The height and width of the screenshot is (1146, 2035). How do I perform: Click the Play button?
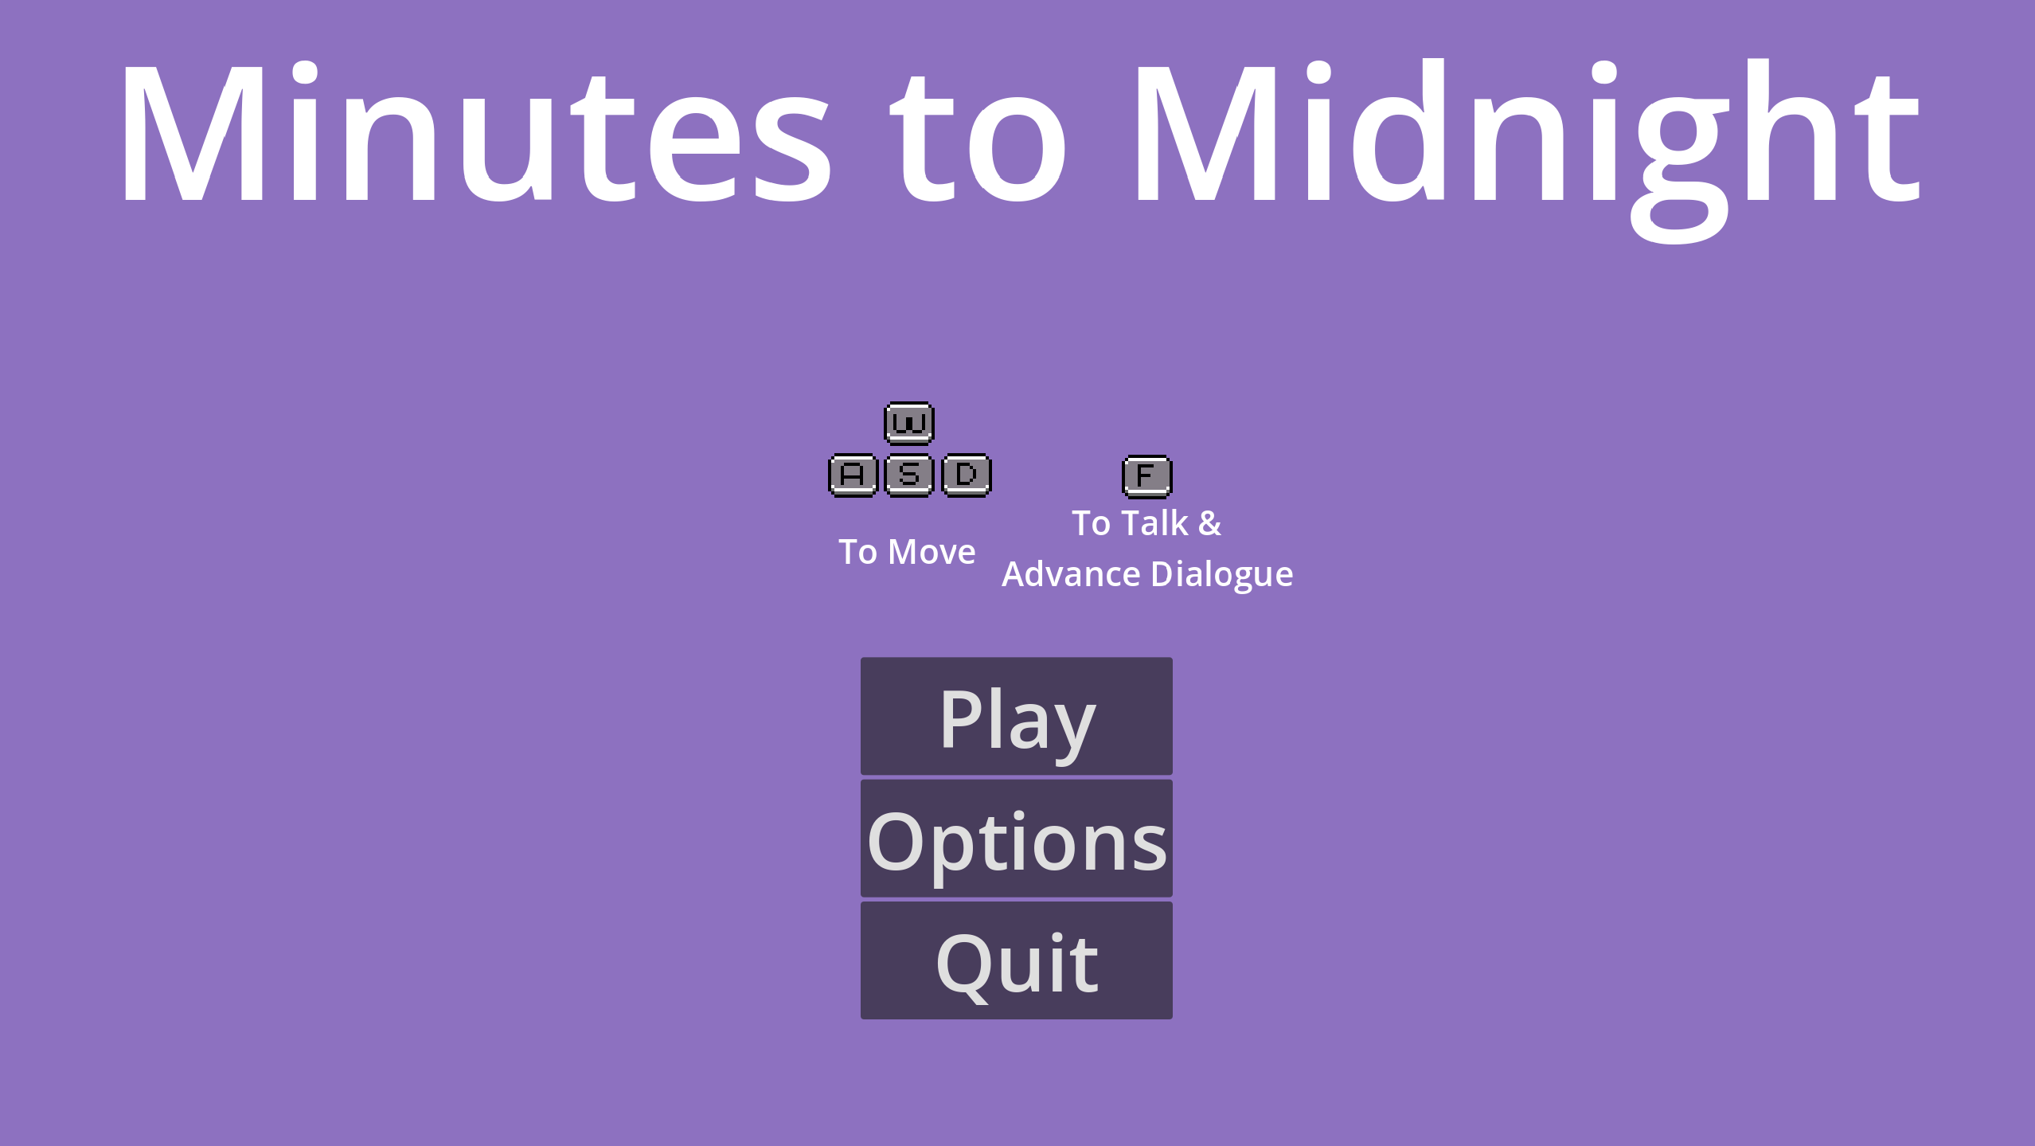pyautogui.click(x=1016, y=715)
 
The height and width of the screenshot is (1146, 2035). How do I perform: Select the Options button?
pyautogui.click(x=1016, y=838)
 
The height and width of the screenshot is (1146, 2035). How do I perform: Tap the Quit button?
pyautogui.click(x=1016, y=960)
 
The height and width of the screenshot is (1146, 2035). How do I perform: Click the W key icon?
pyautogui.click(x=909, y=423)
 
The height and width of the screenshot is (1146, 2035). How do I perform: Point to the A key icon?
pyautogui.click(x=853, y=475)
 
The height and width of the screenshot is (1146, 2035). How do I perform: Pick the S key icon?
pyautogui.click(x=909, y=475)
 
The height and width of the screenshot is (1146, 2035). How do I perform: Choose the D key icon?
pyautogui.click(x=967, y=475)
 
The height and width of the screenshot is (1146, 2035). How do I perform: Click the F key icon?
pyautogui.click(x=1147, y=476)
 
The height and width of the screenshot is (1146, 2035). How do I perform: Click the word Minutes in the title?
pyautogui.click(x=475, y=132)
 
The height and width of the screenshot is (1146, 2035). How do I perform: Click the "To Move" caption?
pyautogui.click(x=907, y=552)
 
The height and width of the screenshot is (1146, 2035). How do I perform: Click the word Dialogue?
pyautogui.click(x=1222, y=575)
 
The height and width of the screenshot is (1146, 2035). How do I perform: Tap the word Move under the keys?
pyautogui.click(x=932, y=552)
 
